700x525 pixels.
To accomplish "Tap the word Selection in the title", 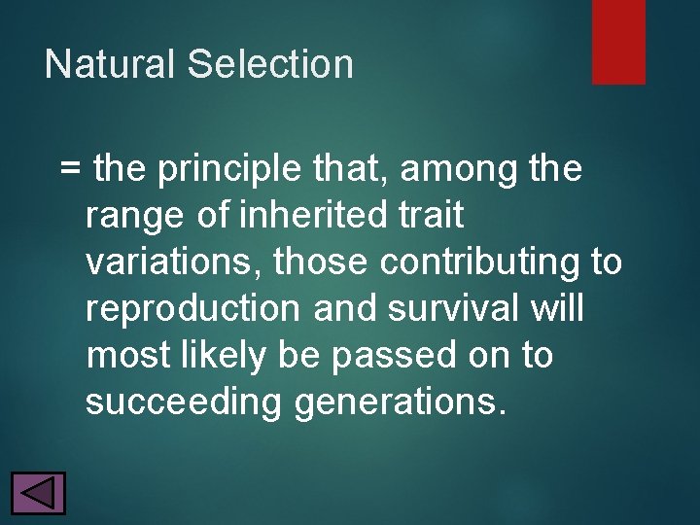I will [x=270, y=64].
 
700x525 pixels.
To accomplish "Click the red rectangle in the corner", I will [x=618, y=41].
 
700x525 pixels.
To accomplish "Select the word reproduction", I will [x=193, y=309].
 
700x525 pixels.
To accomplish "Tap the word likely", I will [x=219, y=356].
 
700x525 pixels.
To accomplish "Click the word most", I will [x=125, y=356].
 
